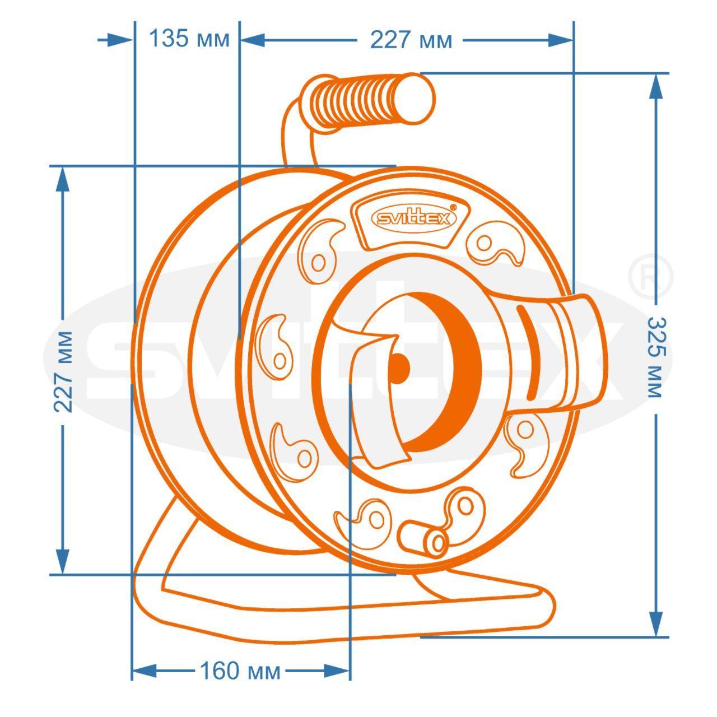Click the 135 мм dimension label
[x=189, y=39]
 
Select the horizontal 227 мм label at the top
[x=411, y=40]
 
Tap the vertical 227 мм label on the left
[x=63, y=372]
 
